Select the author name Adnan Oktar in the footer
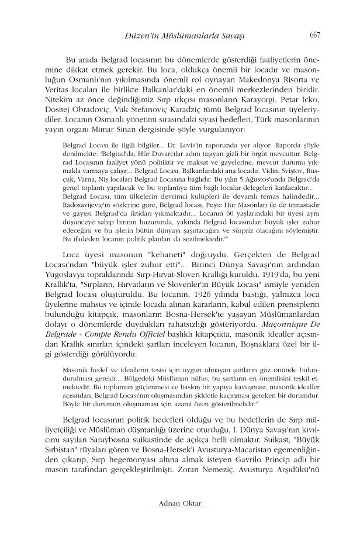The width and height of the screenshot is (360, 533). click(179, 503)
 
